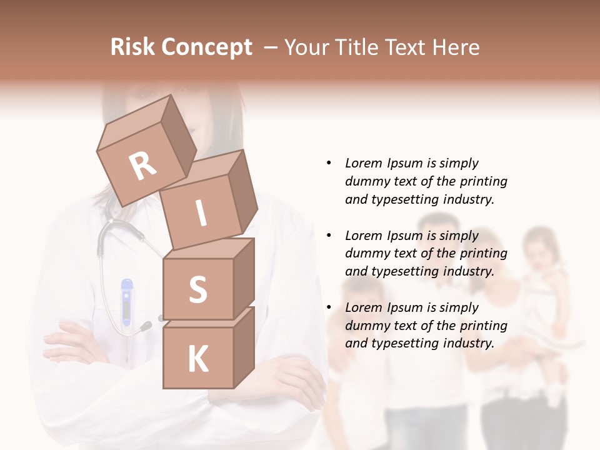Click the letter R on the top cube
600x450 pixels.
142,166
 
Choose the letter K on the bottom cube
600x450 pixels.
197,359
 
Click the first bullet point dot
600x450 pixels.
329,164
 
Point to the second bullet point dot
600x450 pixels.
329,236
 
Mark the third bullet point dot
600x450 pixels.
329,307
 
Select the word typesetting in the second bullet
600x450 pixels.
402,271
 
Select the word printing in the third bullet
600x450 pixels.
483,326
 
